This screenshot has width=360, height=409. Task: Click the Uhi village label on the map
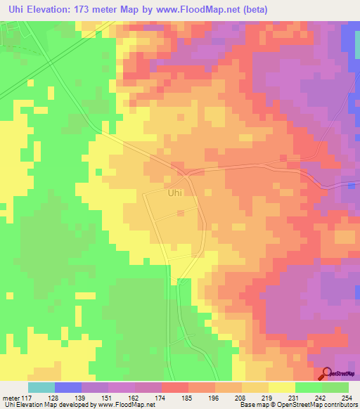coord(175,191)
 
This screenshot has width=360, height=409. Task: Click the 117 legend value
coord(27,397)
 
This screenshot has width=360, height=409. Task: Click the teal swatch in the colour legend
coord(41,387)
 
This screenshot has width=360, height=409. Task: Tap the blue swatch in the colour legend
coord(67,387)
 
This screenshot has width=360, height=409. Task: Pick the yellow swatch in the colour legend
coord(281,387)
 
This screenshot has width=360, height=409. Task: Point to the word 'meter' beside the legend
coord(10,397)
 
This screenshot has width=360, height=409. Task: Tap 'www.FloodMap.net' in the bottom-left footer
coord(131,405)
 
